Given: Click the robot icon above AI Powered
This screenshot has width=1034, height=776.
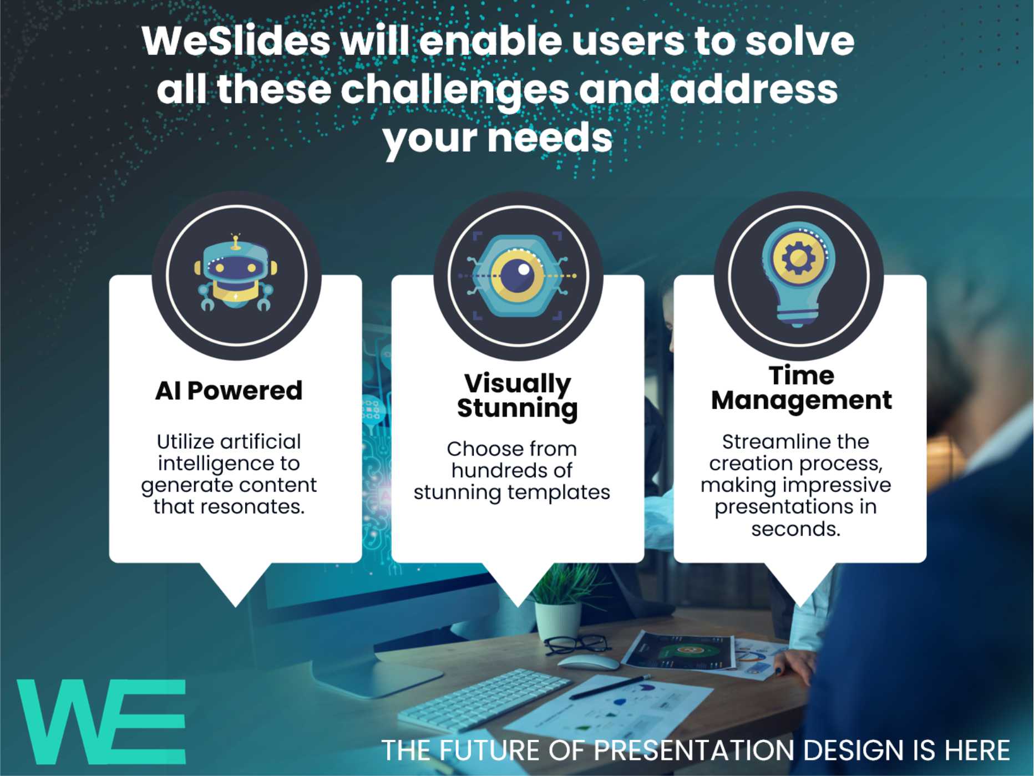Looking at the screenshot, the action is [236, 273].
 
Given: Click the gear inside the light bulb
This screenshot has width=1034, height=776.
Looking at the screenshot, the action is [798, 257].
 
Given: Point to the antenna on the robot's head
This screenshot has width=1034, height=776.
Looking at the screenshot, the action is [236, 242].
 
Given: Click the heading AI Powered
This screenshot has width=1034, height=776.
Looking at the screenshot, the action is [229, 390].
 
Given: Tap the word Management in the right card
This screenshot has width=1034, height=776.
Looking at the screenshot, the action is [801, 400].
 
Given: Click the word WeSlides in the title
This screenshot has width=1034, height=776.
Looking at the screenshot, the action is [236, 41].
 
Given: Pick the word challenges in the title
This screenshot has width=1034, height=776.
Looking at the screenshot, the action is [454, 90].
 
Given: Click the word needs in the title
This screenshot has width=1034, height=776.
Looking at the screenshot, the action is [550, 138].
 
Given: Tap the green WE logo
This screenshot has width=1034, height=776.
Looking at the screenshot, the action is [102, 722].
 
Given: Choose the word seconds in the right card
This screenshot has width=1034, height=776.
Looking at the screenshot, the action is [795, 529].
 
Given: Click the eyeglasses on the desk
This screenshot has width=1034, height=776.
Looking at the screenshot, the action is [577, 644].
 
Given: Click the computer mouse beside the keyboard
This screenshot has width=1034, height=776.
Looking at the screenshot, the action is [589, 662].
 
